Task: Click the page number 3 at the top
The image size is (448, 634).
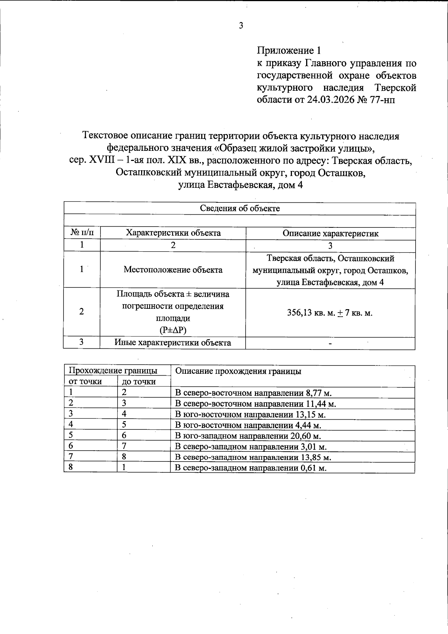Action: [241, 26]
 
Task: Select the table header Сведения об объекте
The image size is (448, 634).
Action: [240, 208]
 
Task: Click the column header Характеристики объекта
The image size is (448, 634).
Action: [173, 233]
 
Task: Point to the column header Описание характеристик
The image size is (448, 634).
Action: [330, 234]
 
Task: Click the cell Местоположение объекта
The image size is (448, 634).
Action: [173, 270]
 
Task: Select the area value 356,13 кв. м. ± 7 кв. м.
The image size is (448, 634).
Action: [330, 313]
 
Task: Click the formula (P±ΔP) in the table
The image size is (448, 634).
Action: [173, 330]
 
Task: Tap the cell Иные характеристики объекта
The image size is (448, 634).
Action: [172, 342]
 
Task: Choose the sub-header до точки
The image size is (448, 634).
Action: [139, 382]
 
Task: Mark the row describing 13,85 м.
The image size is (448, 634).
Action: [253, 457]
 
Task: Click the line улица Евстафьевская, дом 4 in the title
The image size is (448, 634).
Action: [240, 185]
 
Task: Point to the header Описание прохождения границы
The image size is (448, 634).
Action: [238, 371]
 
